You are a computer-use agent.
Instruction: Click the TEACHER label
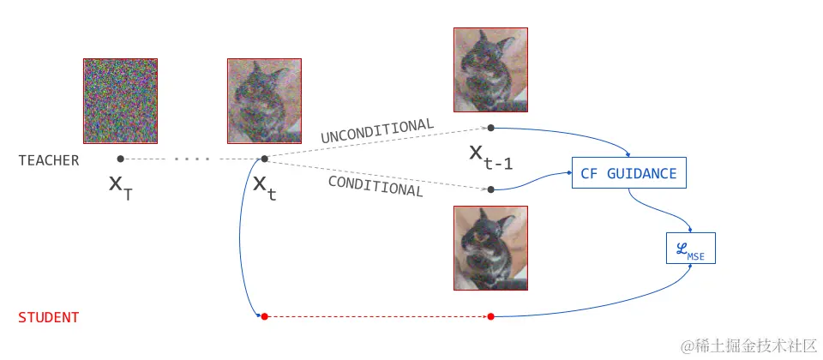(x=49, y=160)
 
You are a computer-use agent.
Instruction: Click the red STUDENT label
(x=49, y=318)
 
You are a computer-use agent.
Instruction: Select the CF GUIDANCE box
(x=628, y=174)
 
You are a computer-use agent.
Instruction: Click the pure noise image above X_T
(x=120, y=100)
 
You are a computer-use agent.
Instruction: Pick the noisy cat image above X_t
(x=264, y=100)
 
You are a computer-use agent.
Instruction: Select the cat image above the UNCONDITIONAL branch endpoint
(x=490, y=70)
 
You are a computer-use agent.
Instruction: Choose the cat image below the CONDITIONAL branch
(x=490, y=248)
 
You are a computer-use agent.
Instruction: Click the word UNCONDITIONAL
(x=377, y=131)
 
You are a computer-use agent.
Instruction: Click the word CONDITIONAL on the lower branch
(x=376, y=185)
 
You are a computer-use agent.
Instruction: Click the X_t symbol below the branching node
(x=264, y=187)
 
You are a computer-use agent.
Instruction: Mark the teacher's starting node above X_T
(x=120, y=159)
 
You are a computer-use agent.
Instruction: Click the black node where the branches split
(x=264, y=159)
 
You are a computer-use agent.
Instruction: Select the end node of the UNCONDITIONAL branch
(x=490, y=128)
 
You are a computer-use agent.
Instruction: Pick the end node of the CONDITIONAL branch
(x=490, y=189)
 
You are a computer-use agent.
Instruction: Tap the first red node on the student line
(x=264, y=317)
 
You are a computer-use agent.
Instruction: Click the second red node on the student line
(x=490, y=317)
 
